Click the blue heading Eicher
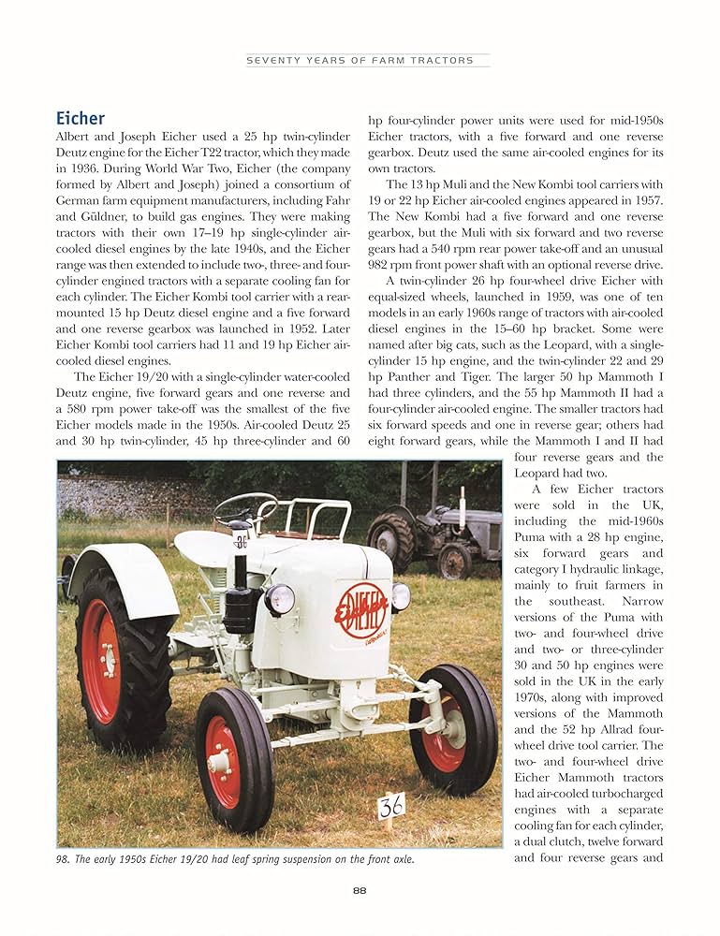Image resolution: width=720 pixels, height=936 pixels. pos(81,119)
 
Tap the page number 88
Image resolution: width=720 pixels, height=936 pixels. pos(360,890)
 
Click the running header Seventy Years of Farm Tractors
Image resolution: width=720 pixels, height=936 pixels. pos(360,60)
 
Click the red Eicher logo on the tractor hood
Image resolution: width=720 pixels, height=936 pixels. pos(360,609)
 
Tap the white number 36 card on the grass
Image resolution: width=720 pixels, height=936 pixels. pos(391,805)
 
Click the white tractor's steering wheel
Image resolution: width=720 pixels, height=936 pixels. pos(245,509)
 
